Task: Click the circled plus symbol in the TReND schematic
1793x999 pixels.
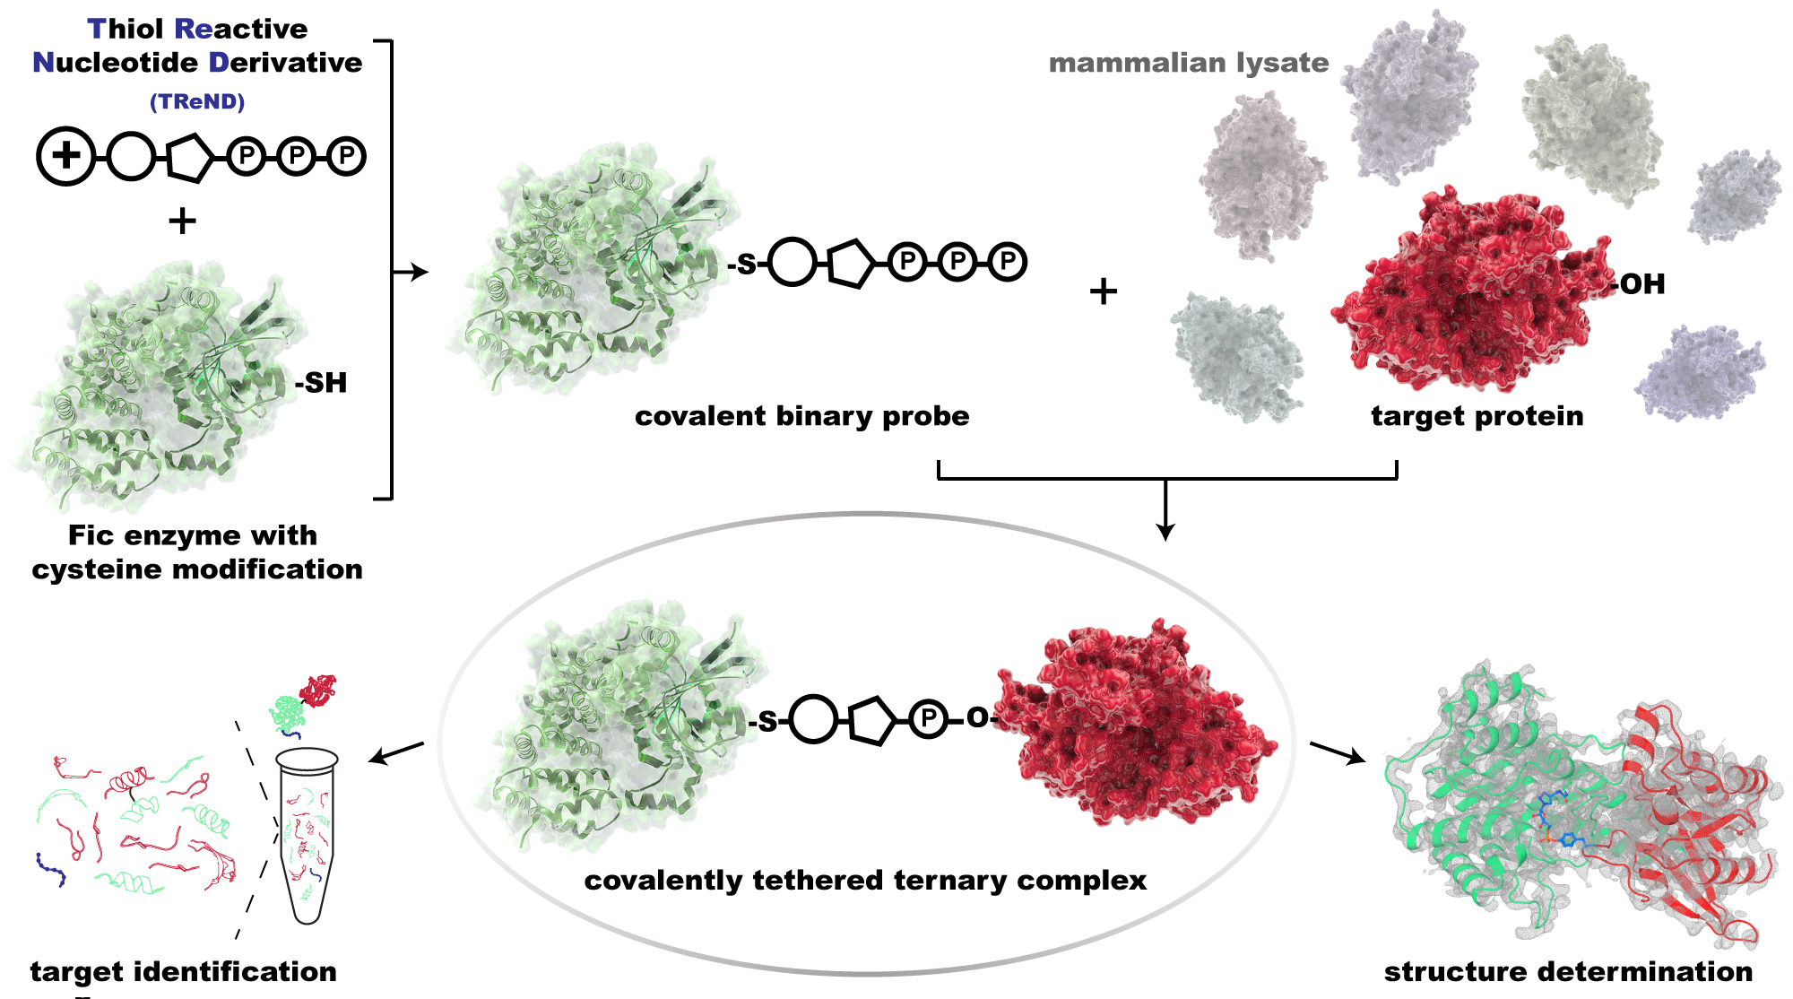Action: pos(65,156)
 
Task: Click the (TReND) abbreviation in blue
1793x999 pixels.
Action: pos(197,102)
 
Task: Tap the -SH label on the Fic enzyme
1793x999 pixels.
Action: pos(321,383)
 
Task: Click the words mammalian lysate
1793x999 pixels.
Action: pos(1189,63)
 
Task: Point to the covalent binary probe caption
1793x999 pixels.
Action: pos(802,416)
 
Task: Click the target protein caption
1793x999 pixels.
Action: pos(1477,416)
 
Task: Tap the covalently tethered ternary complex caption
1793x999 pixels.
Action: pos(865,881)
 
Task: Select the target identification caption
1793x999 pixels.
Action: pos(184,972)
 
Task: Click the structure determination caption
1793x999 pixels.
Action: pos(1568,972)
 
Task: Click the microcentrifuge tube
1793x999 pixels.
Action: pos(307,836)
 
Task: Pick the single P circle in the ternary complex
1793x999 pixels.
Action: pos(928,719)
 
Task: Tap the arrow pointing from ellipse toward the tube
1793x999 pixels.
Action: pos(396,753)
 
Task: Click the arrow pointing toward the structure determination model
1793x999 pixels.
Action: pos(1338,753)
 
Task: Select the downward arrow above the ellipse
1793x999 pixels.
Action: pos(1165,509)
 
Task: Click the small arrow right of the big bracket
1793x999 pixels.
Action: pos(411,272)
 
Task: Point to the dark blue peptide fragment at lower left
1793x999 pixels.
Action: pos(51,869)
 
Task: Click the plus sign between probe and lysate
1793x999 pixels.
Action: pos(1104,291)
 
